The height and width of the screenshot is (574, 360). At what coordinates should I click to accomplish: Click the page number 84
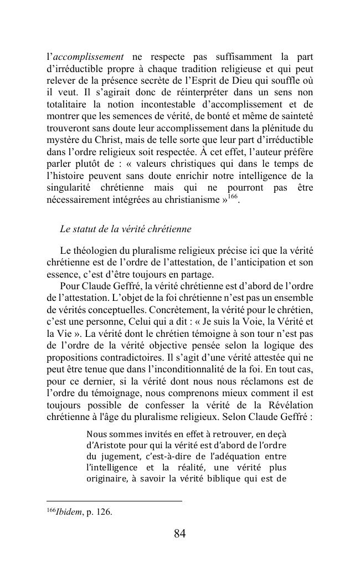pyautogui.click(x=179, y=534)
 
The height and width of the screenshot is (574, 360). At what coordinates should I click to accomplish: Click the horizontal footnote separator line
pyautogui.click(x=114, y=501)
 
